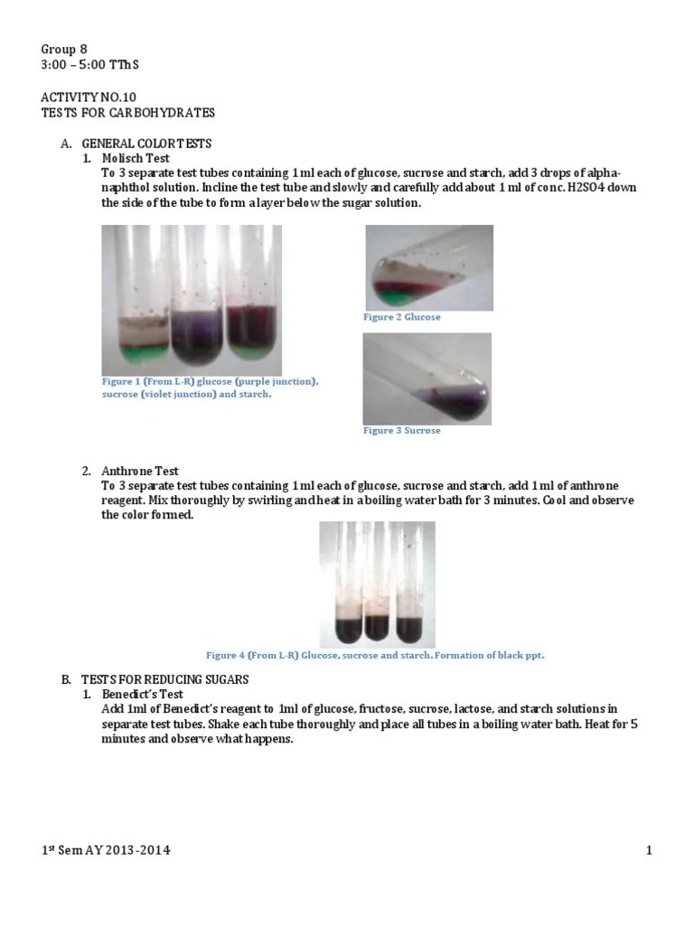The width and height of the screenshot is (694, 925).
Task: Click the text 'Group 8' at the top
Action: coord(64,49)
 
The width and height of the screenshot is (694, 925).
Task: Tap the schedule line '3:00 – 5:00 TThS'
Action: coord(90,65)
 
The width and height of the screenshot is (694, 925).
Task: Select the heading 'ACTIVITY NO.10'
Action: coord(88,96)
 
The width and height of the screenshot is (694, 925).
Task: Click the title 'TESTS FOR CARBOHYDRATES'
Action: coord(128,112)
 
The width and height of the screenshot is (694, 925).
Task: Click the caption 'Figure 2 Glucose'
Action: coord(402,318)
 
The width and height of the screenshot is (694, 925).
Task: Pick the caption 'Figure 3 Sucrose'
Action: coord(402,431)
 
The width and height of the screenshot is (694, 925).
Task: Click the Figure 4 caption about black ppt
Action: coord(375,655)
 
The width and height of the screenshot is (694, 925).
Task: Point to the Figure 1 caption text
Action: coord(210,388)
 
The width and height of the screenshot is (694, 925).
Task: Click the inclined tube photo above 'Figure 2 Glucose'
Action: coord(428,267)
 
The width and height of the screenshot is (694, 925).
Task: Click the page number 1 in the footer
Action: coord(649,850)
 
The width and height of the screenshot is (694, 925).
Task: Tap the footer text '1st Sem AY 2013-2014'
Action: coord(107,850)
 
